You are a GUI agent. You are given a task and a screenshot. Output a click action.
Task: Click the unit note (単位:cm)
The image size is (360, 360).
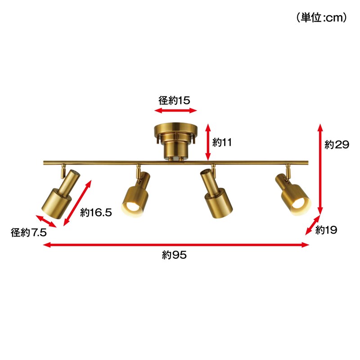coord(321,18)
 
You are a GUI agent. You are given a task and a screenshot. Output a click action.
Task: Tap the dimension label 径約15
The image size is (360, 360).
coord(174,100)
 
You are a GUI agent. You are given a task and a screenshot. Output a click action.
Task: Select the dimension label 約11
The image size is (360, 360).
coord(222,142)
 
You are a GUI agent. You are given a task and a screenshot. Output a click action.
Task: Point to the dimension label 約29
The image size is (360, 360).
coord(337,144)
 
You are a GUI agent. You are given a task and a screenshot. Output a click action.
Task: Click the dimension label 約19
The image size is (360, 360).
coord(326,230)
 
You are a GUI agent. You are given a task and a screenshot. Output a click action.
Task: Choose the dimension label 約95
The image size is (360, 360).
coord(174,255)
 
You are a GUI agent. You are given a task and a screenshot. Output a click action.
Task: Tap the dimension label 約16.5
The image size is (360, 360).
coord(96,212)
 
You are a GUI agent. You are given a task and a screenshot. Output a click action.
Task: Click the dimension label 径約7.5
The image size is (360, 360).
coord(29,233)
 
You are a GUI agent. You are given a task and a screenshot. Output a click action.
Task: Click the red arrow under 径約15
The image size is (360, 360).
coord(175,111)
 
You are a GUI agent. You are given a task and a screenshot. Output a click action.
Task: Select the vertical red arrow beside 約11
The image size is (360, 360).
coord(208,142)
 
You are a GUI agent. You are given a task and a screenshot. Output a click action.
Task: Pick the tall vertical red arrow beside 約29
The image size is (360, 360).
coord(320,169)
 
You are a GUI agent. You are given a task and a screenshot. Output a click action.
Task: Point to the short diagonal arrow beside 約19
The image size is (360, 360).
coord(313,225)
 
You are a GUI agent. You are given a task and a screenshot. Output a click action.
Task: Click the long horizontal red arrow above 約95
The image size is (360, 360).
coord(176,245)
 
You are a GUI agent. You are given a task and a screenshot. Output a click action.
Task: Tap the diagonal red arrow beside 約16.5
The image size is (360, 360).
coord(77,203)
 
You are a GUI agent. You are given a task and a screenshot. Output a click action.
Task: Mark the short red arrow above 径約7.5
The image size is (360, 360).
coord(46,221)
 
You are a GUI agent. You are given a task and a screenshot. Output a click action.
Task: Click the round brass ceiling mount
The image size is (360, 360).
coord(175,141)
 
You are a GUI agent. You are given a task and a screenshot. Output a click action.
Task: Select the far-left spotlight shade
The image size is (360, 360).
coord(61,194)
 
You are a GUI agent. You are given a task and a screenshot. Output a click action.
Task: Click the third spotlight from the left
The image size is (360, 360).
coord(216,193)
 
